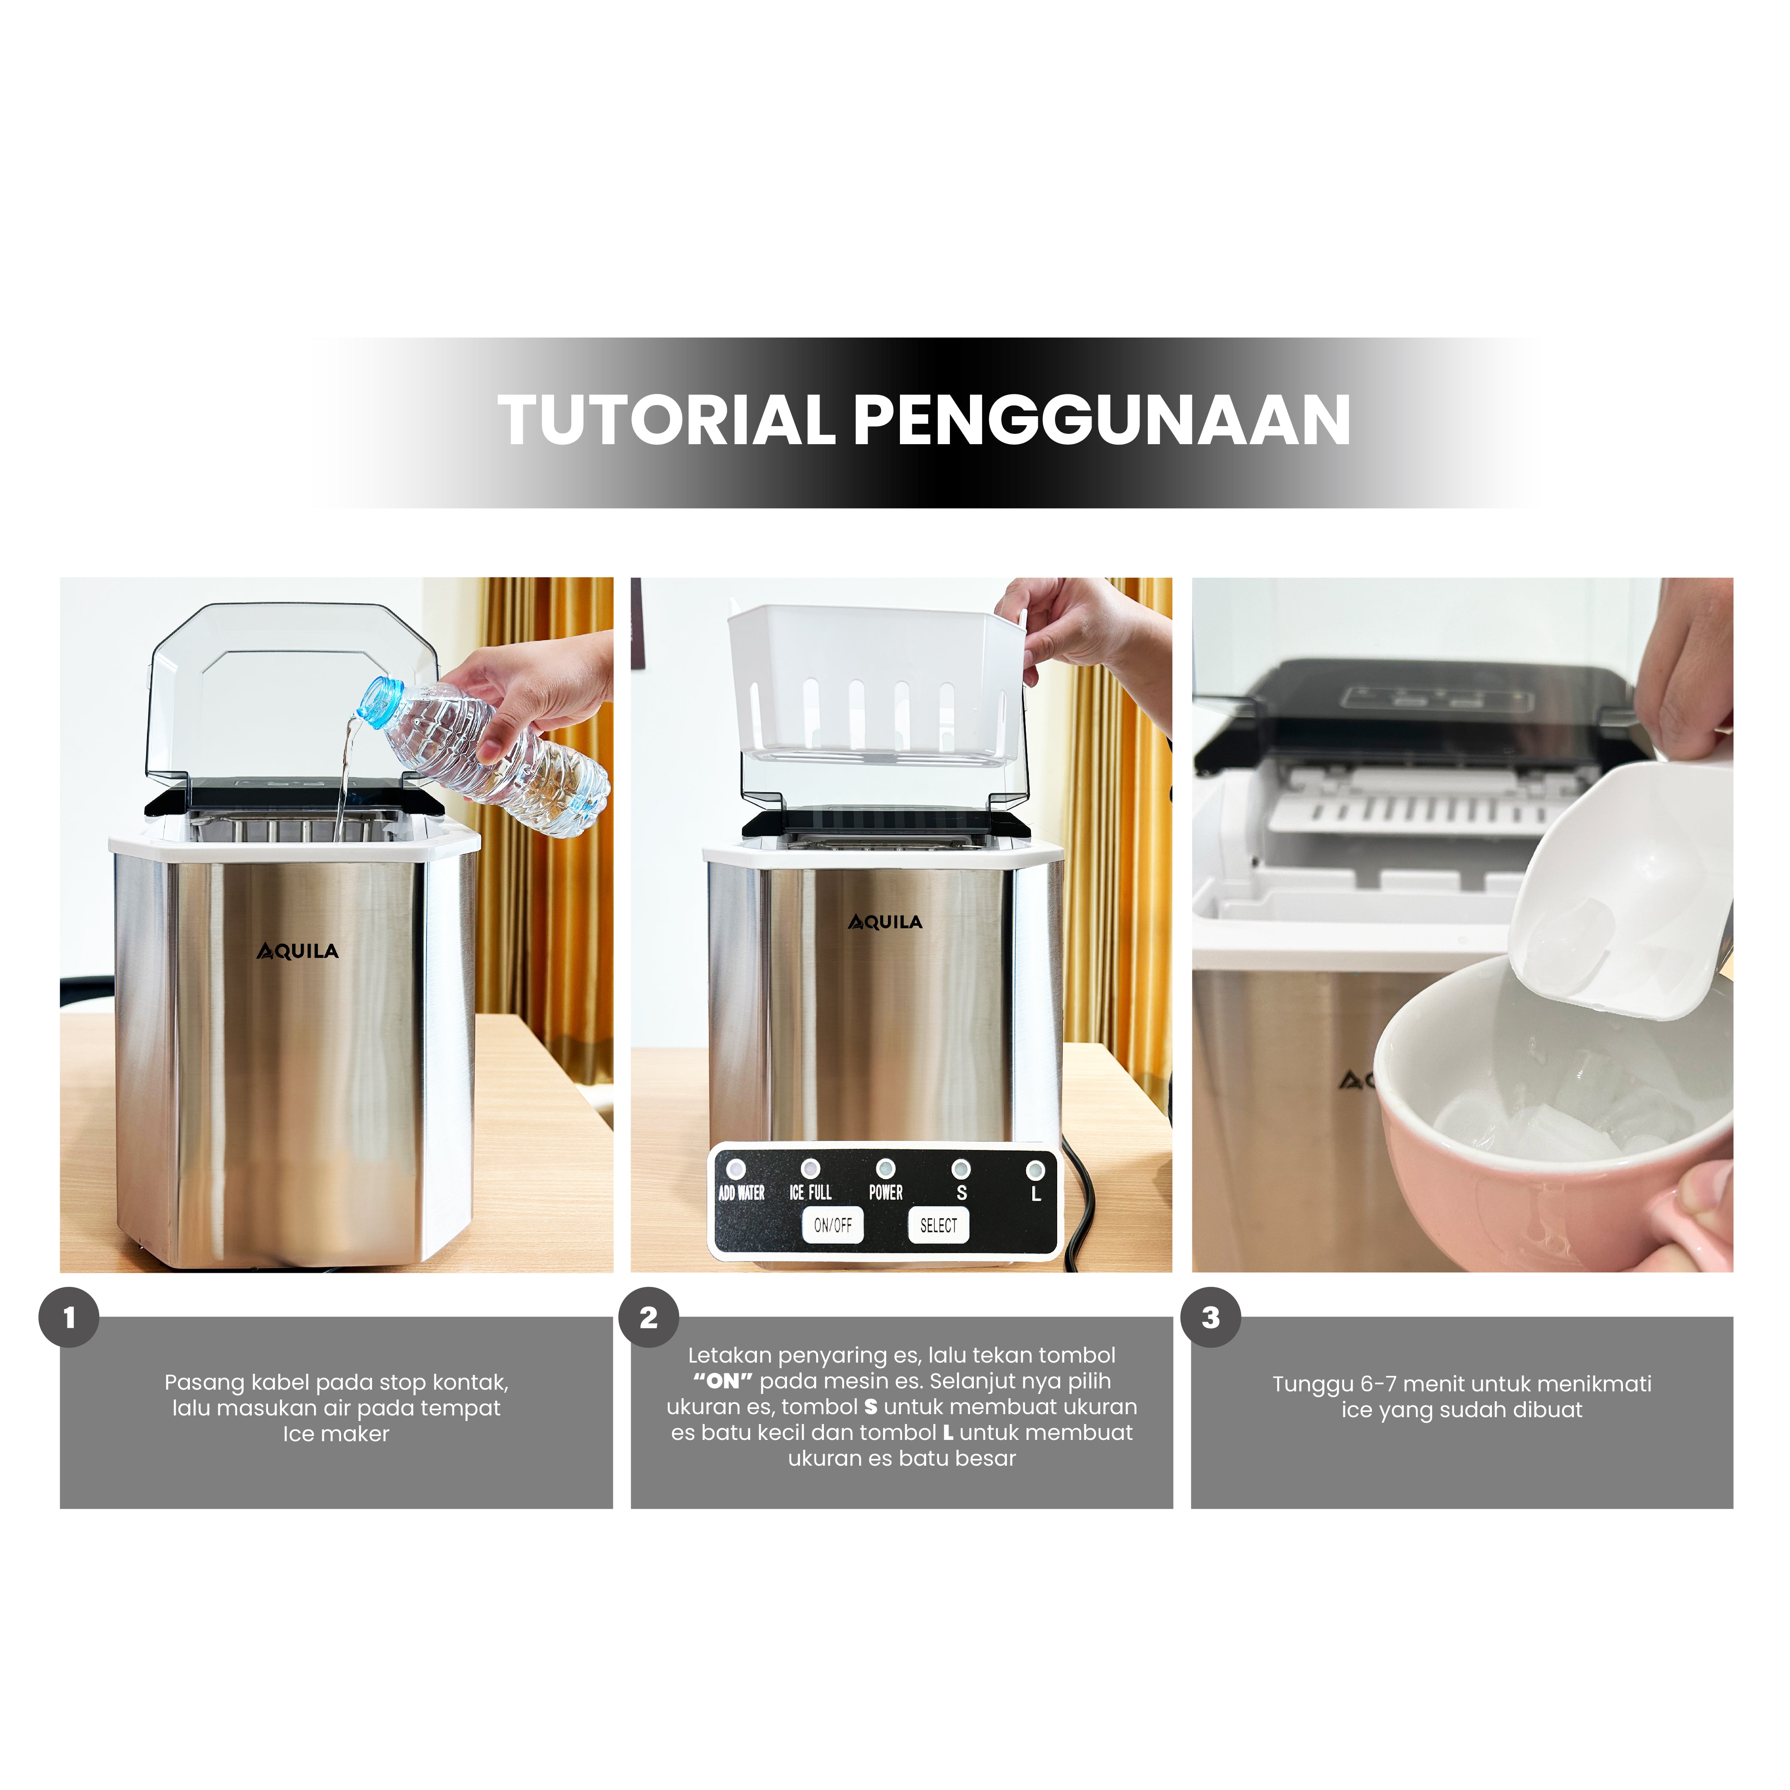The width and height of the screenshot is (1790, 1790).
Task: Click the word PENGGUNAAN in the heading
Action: point(1101,420)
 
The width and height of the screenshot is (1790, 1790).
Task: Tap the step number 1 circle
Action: point(69,1317)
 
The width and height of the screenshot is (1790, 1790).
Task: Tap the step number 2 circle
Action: point(649,1317)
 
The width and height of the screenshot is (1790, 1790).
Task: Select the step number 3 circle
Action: point(1211,1317)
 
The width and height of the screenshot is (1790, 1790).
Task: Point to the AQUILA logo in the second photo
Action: point(886,922)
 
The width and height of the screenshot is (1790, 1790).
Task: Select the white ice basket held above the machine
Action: point(876,686)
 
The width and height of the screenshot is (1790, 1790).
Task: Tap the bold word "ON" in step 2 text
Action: point(723,1381)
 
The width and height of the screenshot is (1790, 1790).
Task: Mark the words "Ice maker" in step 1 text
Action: point(336,1434)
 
